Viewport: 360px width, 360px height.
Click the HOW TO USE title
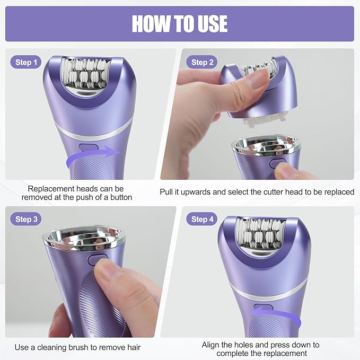[x=180, y=24]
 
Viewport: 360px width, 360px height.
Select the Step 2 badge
[x=203, y=63]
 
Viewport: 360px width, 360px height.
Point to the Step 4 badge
[x=203, y=219]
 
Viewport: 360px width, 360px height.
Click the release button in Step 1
[x=86, y=149]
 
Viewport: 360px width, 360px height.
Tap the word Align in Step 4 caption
[x=212, y=345]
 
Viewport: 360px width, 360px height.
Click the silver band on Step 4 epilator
[x=270, y=288]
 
